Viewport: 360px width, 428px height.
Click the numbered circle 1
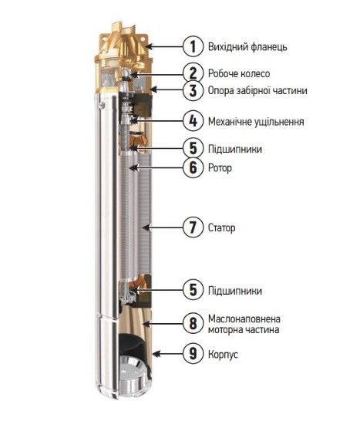(193, 46)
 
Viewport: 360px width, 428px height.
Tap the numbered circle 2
(193, 73)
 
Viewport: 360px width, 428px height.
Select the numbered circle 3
(193, 90)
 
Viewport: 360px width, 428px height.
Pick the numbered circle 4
(193, 121)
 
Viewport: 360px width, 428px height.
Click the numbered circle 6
(193, 167)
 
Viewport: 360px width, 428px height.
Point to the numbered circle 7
(193, 227)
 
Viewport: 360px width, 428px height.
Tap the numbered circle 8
(193, 324)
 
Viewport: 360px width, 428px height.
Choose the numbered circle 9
(193, 354)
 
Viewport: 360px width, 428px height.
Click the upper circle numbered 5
(193, 148)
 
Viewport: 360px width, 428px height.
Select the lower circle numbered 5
(193, 290)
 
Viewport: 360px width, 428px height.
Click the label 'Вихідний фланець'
(247, 47)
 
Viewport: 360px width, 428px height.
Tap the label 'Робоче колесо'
(239, 73)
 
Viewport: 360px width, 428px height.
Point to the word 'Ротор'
(220, 167)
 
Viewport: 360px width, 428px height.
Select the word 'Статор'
(221, 227)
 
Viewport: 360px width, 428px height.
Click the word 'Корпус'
(223, 354)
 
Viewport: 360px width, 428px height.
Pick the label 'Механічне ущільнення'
(256, 122)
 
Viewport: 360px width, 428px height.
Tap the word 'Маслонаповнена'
(244, 318)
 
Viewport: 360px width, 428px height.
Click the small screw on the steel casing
(102, 105)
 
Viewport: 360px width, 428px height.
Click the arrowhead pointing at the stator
(147, 227)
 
